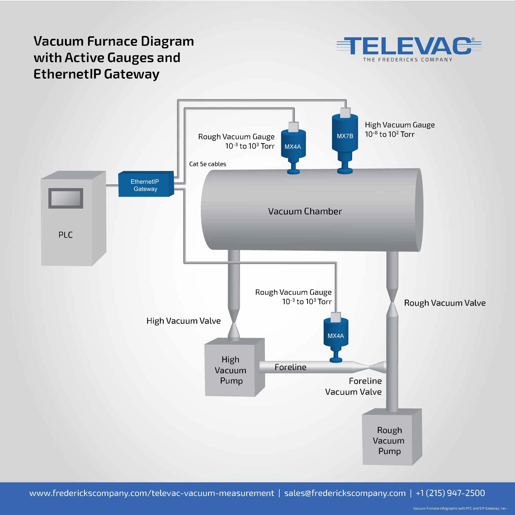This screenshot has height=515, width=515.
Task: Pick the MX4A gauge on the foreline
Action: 336,337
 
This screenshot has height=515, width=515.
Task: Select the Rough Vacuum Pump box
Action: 392,437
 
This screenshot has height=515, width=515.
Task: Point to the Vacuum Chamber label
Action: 305,211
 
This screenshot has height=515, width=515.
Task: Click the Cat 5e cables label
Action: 208,164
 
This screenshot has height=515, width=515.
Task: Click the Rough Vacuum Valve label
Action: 445,303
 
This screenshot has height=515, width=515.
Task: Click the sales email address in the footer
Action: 345,493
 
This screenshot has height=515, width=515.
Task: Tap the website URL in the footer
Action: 152,493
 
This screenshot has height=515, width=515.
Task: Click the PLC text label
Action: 66,235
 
